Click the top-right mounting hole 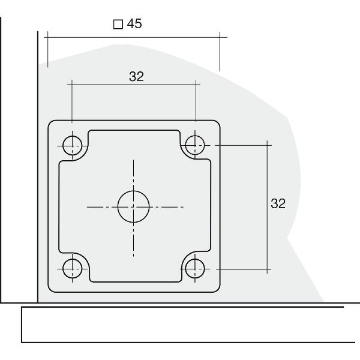click(194, 145)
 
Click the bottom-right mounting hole click(194, 268)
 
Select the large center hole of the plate click(134, 206)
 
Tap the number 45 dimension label click(134, 24)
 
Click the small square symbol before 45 click(118, 25)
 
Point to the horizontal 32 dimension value click(136, 76)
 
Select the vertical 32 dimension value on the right click(278, 203)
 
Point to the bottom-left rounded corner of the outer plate click(52, 288)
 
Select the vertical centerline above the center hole click(134, 174)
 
